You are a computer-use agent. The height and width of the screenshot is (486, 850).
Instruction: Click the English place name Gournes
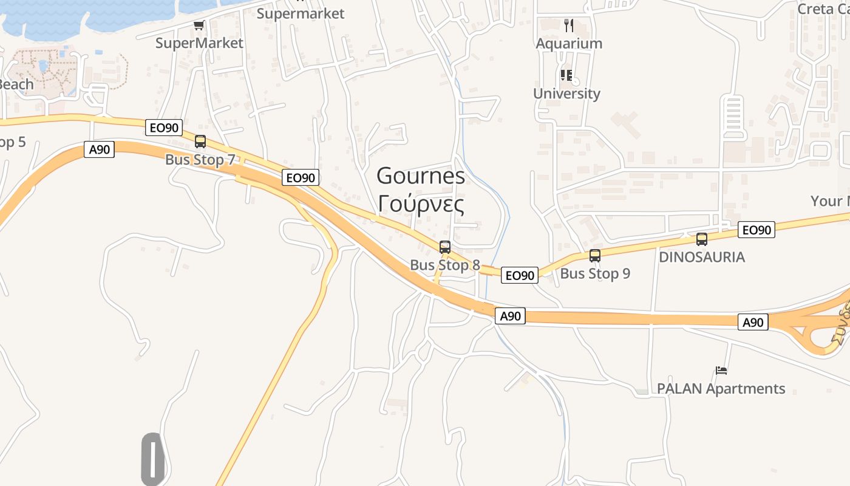421,176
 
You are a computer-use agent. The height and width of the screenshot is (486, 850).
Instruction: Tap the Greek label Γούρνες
421,204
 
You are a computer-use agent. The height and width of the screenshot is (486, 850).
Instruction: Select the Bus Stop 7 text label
200,160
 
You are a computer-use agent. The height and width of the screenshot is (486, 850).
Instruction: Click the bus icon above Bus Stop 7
200,142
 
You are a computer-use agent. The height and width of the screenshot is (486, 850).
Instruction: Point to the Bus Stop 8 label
445,265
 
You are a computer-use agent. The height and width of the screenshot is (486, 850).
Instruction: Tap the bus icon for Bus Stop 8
445,247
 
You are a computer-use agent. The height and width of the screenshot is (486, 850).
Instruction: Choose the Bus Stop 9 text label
595,273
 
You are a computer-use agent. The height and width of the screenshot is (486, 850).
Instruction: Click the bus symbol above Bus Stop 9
595,256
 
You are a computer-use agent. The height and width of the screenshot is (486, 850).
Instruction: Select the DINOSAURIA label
702,257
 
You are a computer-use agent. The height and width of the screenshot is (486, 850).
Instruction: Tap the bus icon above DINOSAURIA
702,239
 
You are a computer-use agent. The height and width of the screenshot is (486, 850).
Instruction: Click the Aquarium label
569,44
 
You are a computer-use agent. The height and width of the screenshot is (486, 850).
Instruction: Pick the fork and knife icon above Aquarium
569,26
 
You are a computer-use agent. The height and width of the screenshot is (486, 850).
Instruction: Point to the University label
566,94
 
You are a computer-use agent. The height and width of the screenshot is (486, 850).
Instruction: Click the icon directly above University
566,75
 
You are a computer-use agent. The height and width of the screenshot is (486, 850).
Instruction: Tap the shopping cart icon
199,26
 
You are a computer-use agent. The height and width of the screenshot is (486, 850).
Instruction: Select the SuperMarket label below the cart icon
199,43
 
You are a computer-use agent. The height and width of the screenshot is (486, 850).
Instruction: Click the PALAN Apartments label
721,389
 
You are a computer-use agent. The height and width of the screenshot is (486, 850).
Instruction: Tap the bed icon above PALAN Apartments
721,370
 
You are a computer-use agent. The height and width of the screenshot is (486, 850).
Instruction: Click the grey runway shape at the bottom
153,459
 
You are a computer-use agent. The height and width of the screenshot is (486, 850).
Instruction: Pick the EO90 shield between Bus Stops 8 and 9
520,275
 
